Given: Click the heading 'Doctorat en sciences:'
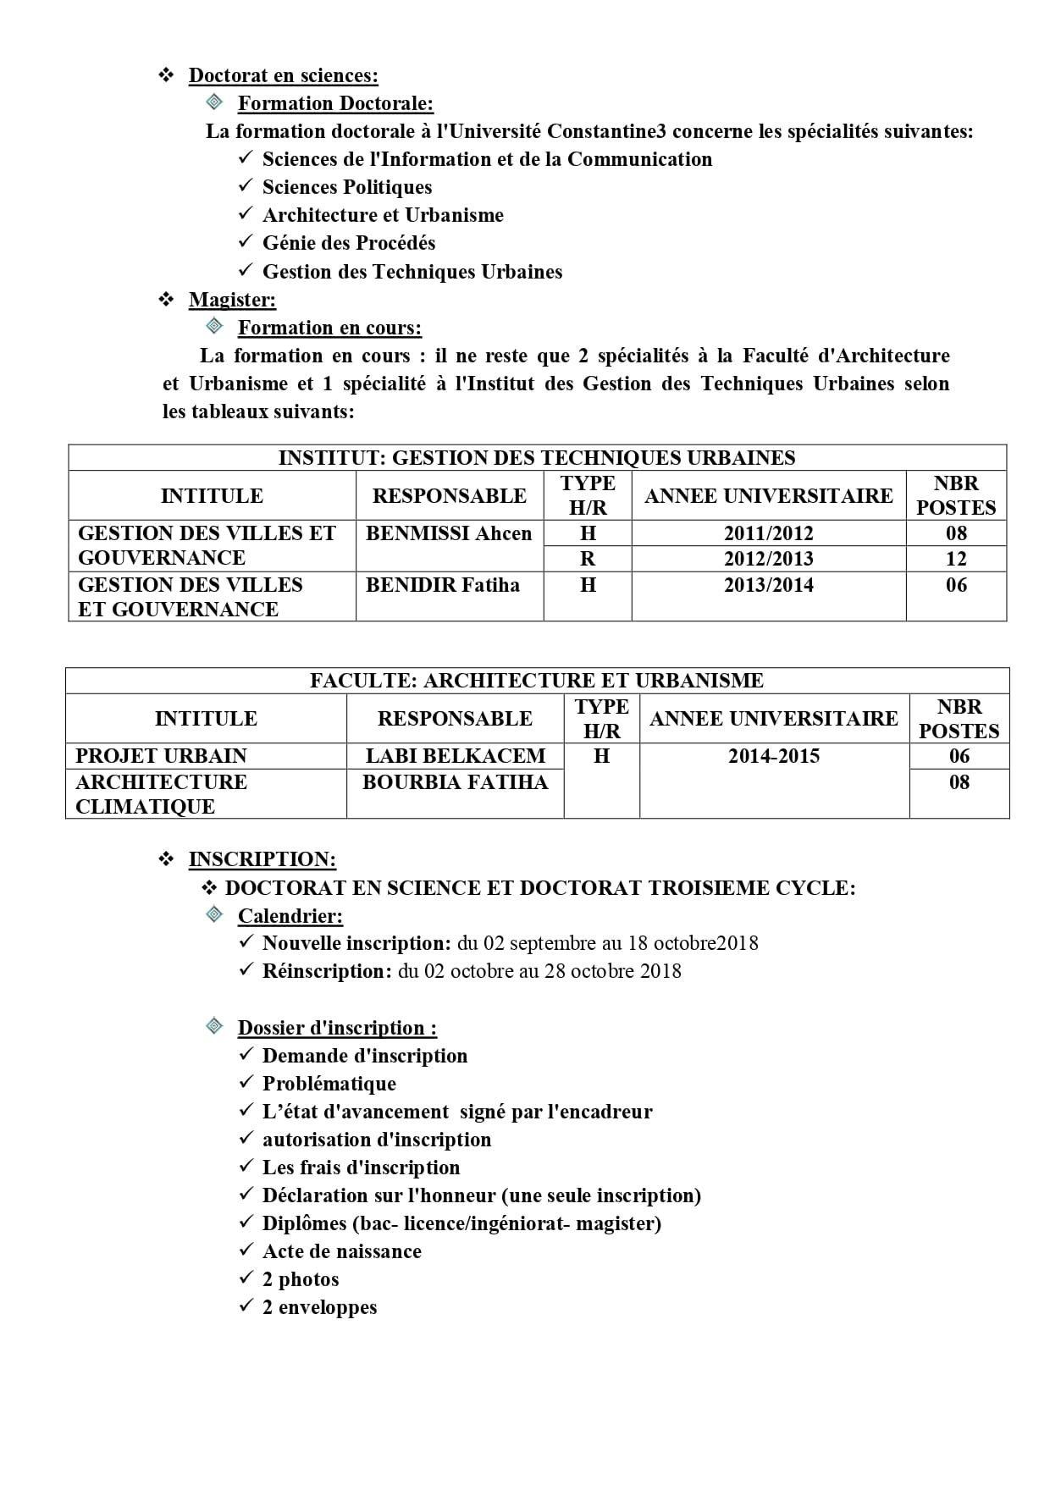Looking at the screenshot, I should point(283,76).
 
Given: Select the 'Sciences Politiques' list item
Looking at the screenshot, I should point(346,187).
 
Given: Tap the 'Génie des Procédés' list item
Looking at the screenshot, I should point(348,244).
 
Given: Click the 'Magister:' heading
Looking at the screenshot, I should point(232,300).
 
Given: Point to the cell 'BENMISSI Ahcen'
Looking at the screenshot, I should point(449,533).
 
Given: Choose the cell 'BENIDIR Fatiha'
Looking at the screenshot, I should point(443,585).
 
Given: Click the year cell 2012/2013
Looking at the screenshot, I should point(768,559).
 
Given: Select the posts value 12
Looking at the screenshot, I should point(956,559).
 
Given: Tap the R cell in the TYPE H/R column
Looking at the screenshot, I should point(588,559).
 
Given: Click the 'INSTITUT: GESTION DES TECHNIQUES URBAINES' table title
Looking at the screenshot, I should point(537,458).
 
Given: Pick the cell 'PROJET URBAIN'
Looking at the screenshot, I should point(161,756).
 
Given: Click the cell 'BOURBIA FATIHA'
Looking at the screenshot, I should point(455,782).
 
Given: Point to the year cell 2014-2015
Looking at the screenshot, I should point(774,756).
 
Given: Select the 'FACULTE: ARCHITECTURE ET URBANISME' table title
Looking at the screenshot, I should point(537,681).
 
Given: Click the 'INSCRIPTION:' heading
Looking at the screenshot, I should point(262,859).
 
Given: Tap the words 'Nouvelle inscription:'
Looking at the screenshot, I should point(356,943).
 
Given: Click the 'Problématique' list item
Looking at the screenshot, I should point(329,1084).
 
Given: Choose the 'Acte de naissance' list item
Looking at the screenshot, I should point(341,1251).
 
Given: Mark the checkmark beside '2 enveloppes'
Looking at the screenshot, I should point(246,1306).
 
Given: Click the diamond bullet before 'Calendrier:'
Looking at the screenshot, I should point(215,914).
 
